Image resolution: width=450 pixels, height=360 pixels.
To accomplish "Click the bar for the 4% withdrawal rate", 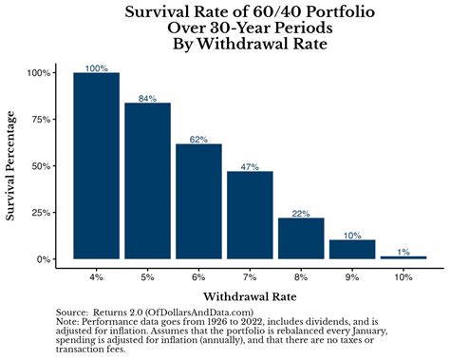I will coord(96,166).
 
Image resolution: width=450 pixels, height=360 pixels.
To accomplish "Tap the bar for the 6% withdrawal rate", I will coord(198,201).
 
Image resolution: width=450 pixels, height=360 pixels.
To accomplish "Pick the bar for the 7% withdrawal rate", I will coord(250,215).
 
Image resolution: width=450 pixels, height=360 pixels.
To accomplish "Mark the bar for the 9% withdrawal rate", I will coord(352,249).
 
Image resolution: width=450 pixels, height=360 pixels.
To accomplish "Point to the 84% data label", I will coord(147,97).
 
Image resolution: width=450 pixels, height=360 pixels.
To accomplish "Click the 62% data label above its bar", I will coord(198,139).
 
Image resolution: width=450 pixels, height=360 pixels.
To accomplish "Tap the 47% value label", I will coord(250,166).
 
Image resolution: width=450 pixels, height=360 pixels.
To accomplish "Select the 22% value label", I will coord(301,213).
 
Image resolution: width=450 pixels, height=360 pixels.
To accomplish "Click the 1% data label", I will coord(403,252).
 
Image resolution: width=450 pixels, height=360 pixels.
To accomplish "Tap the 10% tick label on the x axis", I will coord(403,275).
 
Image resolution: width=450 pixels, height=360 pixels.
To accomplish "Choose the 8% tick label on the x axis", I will coord(301,275).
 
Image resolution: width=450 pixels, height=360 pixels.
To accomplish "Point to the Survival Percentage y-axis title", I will coord(12,166).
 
